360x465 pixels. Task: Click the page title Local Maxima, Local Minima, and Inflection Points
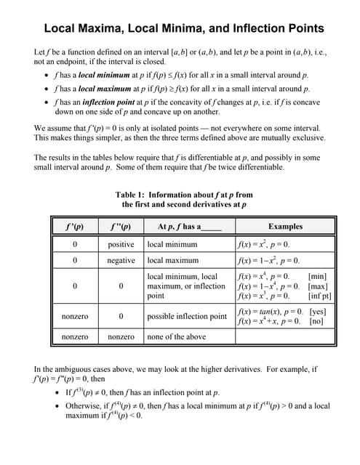pyautogui.click(x=184, y=29)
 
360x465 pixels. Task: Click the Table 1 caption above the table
pyautogui.click(x=184, y=200)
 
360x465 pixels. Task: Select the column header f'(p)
pyautogui.click(x=75, y=226)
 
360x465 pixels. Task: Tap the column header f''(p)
pyautogui.click(x=121, y=226)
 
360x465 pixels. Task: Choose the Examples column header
pyautogui.click(x=285, y=226)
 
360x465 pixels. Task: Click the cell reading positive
pyautogui.click(x=121, y=245)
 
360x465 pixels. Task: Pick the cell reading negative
pyautogui.click(x=121, y=260)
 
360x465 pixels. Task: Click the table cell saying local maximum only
pyautogui.click(x=173, y=260)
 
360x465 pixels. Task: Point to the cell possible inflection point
pyautogui.click(x=187, y=317)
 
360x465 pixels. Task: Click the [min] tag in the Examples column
pyautogui.click(x=320, y=276)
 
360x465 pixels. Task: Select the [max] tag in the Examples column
pyautogui.click(x=319, y=286)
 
